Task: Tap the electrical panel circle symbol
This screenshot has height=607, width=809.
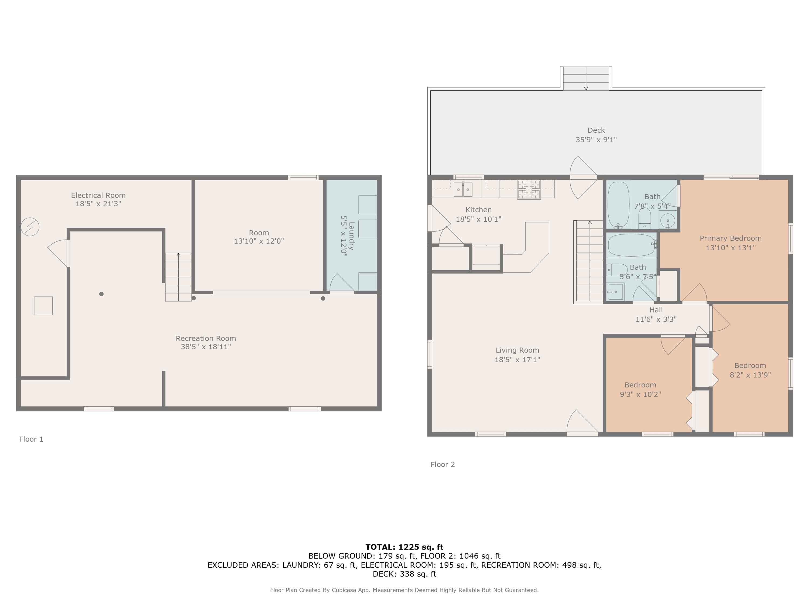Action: pos(30,227)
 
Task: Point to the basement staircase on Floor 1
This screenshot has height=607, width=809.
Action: pos(179,277)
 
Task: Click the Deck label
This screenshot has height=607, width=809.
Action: pos(596,130)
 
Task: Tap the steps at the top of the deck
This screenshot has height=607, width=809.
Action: pos(586,78)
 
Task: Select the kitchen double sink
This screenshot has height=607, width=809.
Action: pos(463,189)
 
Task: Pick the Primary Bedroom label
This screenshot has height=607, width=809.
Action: pos(731,238)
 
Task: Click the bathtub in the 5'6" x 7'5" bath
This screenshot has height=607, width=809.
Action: pos(632,245)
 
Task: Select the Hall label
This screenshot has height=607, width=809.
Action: pos(656,310)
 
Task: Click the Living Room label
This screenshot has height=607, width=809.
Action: pos(517,350)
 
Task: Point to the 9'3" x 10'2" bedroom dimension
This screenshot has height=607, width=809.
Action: pos(640,394)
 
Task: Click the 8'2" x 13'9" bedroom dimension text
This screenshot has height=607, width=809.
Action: pos(750,375)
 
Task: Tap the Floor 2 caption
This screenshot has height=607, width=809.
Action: pos(443,465)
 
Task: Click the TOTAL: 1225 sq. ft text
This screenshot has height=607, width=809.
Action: pos(404,547)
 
